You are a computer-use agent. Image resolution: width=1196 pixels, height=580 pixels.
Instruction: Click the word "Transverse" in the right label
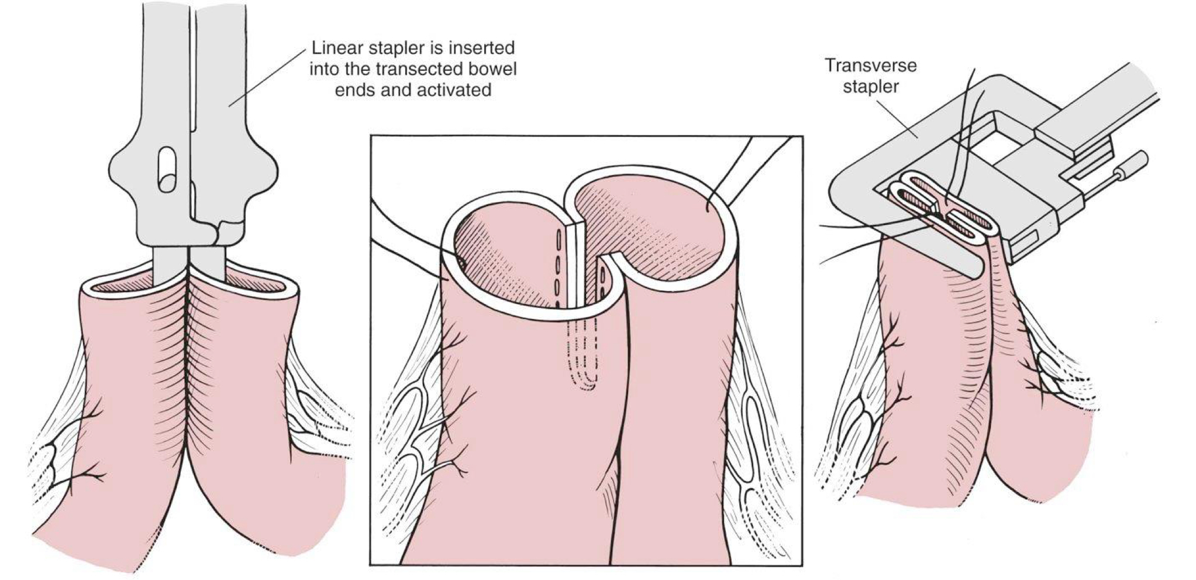point(871,65)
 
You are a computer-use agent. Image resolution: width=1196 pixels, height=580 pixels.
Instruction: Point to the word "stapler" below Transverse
point(871,87)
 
